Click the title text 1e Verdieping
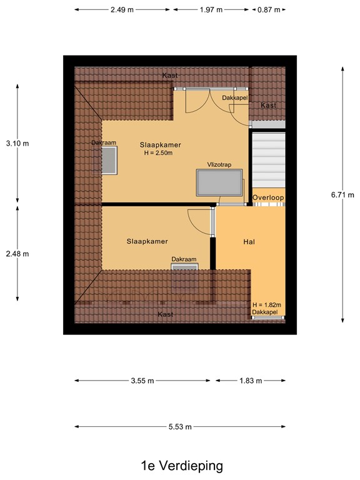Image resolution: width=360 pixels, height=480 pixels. click(x=181, y=466)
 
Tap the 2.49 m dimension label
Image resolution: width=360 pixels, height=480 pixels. click(x=121, y=10)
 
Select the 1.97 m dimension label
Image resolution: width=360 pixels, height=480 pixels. click(x=211, y=10)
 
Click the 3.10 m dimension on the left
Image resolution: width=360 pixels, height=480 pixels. click(x=17, y=143)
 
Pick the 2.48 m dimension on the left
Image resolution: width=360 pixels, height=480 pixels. click(x=17, y=254)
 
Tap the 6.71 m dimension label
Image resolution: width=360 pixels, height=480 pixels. click(x=342, y=194)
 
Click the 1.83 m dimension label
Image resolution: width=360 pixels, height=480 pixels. click(x=250, y=381)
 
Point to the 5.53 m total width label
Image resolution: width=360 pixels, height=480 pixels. click(x=179, y=427)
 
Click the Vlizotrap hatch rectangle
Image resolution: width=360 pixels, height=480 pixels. click(x=219, y=182)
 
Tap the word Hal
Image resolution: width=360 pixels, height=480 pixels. click(x=249, y=241)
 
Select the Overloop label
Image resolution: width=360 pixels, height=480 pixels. click(x=268, y=198)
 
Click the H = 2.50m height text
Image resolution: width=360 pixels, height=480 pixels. click(x=158, y=153)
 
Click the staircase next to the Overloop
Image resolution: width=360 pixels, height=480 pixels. click(x=268, y=159)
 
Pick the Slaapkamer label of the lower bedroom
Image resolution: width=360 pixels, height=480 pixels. click(x=147, y=241)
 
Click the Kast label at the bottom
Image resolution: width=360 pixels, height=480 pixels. click(x=165, y=314)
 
